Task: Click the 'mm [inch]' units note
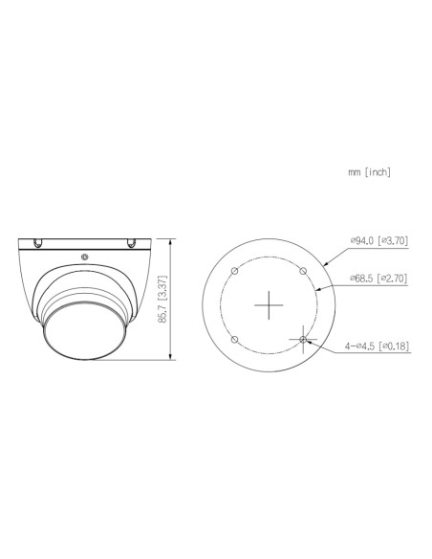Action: (x=370, y=172)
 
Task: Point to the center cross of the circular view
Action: (x=270, y=304)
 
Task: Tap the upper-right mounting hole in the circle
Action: (x=304, y=271)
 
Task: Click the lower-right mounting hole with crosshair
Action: (x=304, y=339)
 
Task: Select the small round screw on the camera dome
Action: (x=85, y=257)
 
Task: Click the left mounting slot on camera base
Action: (x=40, y=241)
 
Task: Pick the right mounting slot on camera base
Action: (x=128, y=241)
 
